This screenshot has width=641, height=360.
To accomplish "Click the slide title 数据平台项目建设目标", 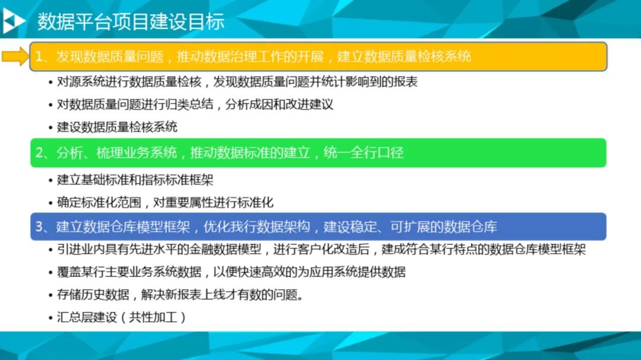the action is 131,22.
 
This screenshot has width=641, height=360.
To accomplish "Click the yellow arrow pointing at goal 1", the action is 16,56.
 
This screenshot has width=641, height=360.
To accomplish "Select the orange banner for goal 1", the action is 319,56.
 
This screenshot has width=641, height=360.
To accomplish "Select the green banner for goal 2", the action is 319,153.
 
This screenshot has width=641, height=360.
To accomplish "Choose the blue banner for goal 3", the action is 319,227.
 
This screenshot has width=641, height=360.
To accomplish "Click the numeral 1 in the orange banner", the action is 39,56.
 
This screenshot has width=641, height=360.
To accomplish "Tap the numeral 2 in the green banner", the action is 39,153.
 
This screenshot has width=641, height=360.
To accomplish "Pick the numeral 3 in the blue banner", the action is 39,227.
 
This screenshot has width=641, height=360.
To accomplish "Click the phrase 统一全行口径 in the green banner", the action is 363,153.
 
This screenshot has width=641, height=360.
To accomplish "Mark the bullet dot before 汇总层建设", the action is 50,317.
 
